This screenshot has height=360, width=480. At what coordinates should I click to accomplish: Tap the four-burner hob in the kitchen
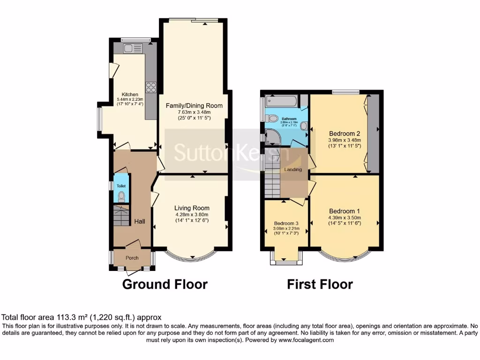tap(151, 87)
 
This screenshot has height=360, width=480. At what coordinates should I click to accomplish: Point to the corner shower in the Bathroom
tap(271, 137)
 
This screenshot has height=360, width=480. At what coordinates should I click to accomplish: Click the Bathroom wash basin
tap(303, 126)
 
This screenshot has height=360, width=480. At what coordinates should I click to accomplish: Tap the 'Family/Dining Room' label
tap(194, 105)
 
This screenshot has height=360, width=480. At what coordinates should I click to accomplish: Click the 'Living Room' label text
tap(192, 208)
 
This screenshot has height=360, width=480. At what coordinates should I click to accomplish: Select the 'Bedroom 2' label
tap(344, 132)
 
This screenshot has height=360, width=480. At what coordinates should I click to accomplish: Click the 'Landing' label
tap(293, 169)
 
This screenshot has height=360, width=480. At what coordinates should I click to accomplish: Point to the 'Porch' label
tap(132, 258)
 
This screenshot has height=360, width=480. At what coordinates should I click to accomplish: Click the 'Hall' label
tap(139, 221)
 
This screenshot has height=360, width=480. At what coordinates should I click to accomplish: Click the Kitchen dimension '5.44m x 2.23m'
tap(130, 99)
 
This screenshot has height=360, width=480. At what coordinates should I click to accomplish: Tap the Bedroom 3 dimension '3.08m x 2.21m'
tap(285, 229)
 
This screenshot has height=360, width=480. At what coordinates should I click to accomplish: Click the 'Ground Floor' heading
tap(165, 284)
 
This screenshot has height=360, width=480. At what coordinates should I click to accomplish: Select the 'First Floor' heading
tap(320, 284)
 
